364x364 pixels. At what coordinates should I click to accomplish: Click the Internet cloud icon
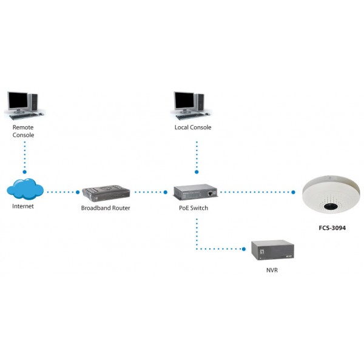pyautogui.click(x=25, y=189)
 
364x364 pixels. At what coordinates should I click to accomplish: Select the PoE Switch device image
pyautogui.click(x=195, y=192)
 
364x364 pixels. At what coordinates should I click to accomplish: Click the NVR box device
pyautogui.click(x=272, y=250)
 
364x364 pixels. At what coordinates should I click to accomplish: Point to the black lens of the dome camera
pyautogui.click(x=331, y=206)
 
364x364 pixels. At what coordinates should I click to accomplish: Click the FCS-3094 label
pyautogui.click(x=332, y=228)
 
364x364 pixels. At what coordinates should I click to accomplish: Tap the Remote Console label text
pyautogui.click(x=23, y=131)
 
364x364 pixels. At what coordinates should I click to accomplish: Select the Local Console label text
pyautogui.click(x=193, y=127)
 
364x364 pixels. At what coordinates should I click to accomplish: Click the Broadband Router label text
pyautogui.click(x=106, y=208)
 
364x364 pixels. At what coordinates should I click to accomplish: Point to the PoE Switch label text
pyautogui.click(x=194, y=208)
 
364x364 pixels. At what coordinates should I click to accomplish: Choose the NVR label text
pyautogui.click(x=272, y=270)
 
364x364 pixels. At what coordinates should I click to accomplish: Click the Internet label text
pyautogui.click(x=23, y=206)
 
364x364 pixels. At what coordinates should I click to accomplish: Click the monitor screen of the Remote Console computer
pyautogui.click(x=18, y=100)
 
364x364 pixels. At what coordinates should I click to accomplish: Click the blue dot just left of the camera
pyautogui.click(x=293, y=192)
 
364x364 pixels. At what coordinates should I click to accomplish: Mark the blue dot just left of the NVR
pyautogui.click(x=244, y=249)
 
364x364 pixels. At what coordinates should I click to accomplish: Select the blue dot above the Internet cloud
pyautogui.click(x=25, y=172)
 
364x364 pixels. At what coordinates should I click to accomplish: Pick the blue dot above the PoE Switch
pyautogui.click(x=197, y=172)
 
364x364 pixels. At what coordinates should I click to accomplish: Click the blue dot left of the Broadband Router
pyautogui.click(x=78, y=192)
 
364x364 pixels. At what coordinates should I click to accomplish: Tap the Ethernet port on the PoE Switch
pyautogui.click(x=210, y=193)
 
